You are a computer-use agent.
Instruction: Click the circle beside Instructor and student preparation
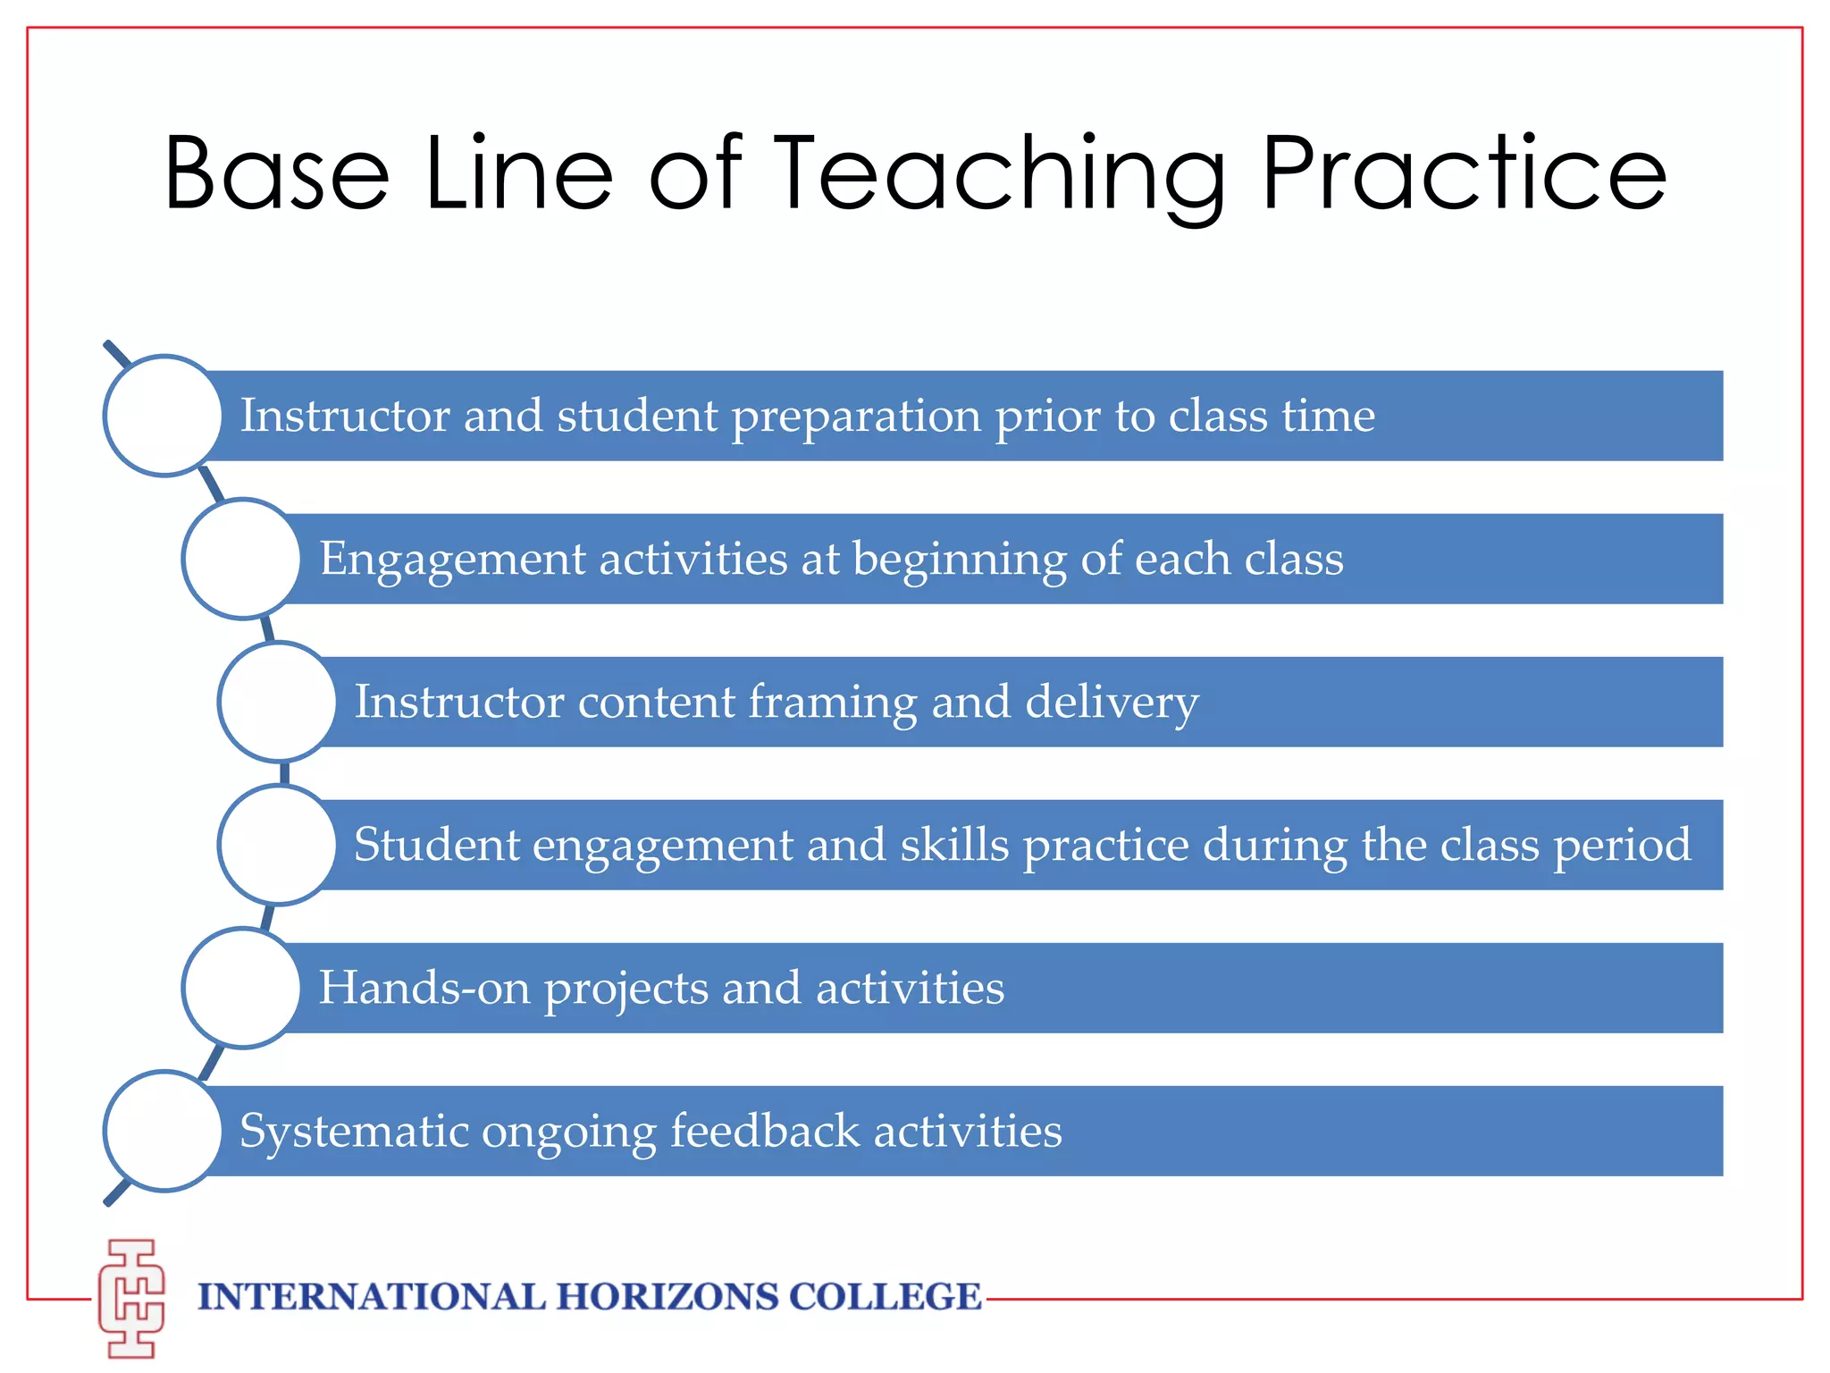(x=164, y=416)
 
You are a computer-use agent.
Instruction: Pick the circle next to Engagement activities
(x=242, y=559)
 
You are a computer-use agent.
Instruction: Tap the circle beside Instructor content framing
(x=278, y=702)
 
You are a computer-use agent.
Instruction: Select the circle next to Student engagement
(x=278, y=845)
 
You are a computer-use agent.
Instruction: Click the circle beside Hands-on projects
(x=242, y=988)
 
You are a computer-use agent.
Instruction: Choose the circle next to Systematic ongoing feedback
(x=164, y=1131)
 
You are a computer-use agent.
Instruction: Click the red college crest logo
(x=132, y=1298)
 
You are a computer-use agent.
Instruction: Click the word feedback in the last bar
(x=765, y=1131)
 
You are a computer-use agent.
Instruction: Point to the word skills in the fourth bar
(x=954, y=845)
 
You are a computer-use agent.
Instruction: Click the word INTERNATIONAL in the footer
(x=371, y=1297)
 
